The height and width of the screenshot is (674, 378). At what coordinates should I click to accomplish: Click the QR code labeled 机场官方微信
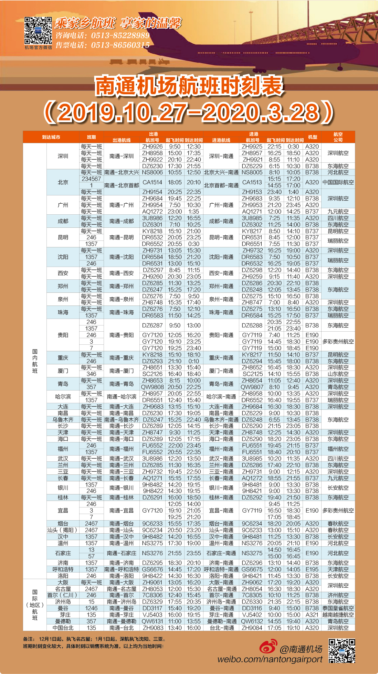click(x=38, y=30)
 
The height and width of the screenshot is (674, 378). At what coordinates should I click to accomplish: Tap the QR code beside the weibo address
click(x=342, y=651)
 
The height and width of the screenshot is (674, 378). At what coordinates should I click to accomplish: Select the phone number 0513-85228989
click(x=120, y=35)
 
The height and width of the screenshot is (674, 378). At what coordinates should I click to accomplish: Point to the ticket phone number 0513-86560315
click(x=120, y=45)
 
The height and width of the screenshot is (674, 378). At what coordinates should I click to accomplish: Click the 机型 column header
click(x=313, y=137)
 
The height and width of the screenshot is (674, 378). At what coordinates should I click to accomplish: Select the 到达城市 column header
click(x=51, y=137)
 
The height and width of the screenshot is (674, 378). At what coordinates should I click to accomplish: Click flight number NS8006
click(x=152, y=172)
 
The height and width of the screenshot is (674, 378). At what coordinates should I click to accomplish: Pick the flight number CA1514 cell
click(x=152, y=182)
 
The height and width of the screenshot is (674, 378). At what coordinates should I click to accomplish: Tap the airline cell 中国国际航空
click(x=338, y=182)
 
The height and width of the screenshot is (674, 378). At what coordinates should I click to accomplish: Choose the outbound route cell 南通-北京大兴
click(x=122, y=172)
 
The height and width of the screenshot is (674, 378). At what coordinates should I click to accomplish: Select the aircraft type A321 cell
click(x=312, y=615)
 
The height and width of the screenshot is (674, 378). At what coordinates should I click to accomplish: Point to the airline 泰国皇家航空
click(x=338, y=608)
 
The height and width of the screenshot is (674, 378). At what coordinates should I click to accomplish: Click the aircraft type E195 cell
click(x=312, y=569)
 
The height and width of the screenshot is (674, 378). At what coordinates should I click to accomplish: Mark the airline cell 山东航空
click(x=338, y=374)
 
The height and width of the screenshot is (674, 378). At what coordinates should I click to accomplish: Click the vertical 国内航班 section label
click(x=35, y=361)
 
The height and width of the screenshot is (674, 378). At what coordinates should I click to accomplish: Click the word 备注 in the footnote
click(x=29, y=639)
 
